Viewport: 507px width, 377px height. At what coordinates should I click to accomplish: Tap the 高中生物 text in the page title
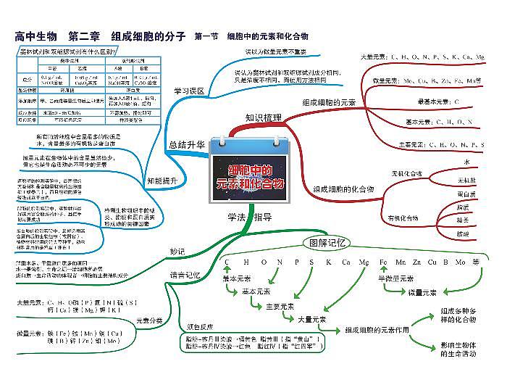[x=38, y=36]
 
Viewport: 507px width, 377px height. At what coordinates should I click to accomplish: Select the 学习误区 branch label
[x=189, y=91]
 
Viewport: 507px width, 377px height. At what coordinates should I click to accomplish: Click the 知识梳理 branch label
[x=263, y=117]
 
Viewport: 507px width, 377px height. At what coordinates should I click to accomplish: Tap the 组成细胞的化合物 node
[x=343, y=188]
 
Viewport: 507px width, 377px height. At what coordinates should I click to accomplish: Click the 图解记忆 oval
[x=327, y=242]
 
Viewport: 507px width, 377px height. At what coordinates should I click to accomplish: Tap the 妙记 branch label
[x=177, y=252]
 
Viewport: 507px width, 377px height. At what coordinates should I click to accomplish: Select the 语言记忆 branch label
[x=183, y=275]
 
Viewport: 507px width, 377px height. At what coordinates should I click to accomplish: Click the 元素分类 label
[x=148, y=320]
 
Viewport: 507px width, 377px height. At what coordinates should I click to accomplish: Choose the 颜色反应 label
[x=199, y=326]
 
